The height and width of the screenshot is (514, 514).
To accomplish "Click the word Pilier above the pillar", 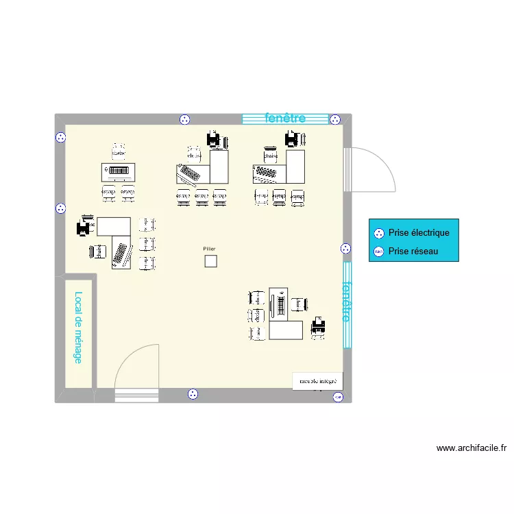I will pos(209,249).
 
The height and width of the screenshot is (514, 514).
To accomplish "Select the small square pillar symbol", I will pos(210,261).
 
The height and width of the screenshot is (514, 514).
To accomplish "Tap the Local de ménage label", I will pos(78,328).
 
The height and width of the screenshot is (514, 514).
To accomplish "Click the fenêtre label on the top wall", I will pos(284,118).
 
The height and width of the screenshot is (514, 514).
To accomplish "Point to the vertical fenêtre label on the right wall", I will pos(347,302).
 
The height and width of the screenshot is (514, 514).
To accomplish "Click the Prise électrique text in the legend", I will pos(419,233).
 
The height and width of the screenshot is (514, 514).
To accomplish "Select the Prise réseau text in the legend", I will pos(413,252).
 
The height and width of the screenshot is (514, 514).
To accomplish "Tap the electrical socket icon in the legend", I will pos(378,233).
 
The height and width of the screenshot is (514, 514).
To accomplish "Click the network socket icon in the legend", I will pos(378,252).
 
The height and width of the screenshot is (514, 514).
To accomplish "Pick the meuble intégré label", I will pos(317,381).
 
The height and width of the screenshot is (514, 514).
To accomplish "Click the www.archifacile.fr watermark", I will pos(472,448).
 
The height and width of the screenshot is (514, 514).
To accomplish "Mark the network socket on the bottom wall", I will pos(337,397).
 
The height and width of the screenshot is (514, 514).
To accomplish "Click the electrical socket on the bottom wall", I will pos(193,394).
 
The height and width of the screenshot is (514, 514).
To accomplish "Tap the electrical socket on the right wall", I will pos(345,249).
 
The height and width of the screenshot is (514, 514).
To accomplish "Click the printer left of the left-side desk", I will pos(85,227).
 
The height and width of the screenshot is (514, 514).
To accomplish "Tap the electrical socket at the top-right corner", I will pos(335,119).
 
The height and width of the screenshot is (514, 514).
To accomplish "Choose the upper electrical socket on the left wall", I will pos(60,137).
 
